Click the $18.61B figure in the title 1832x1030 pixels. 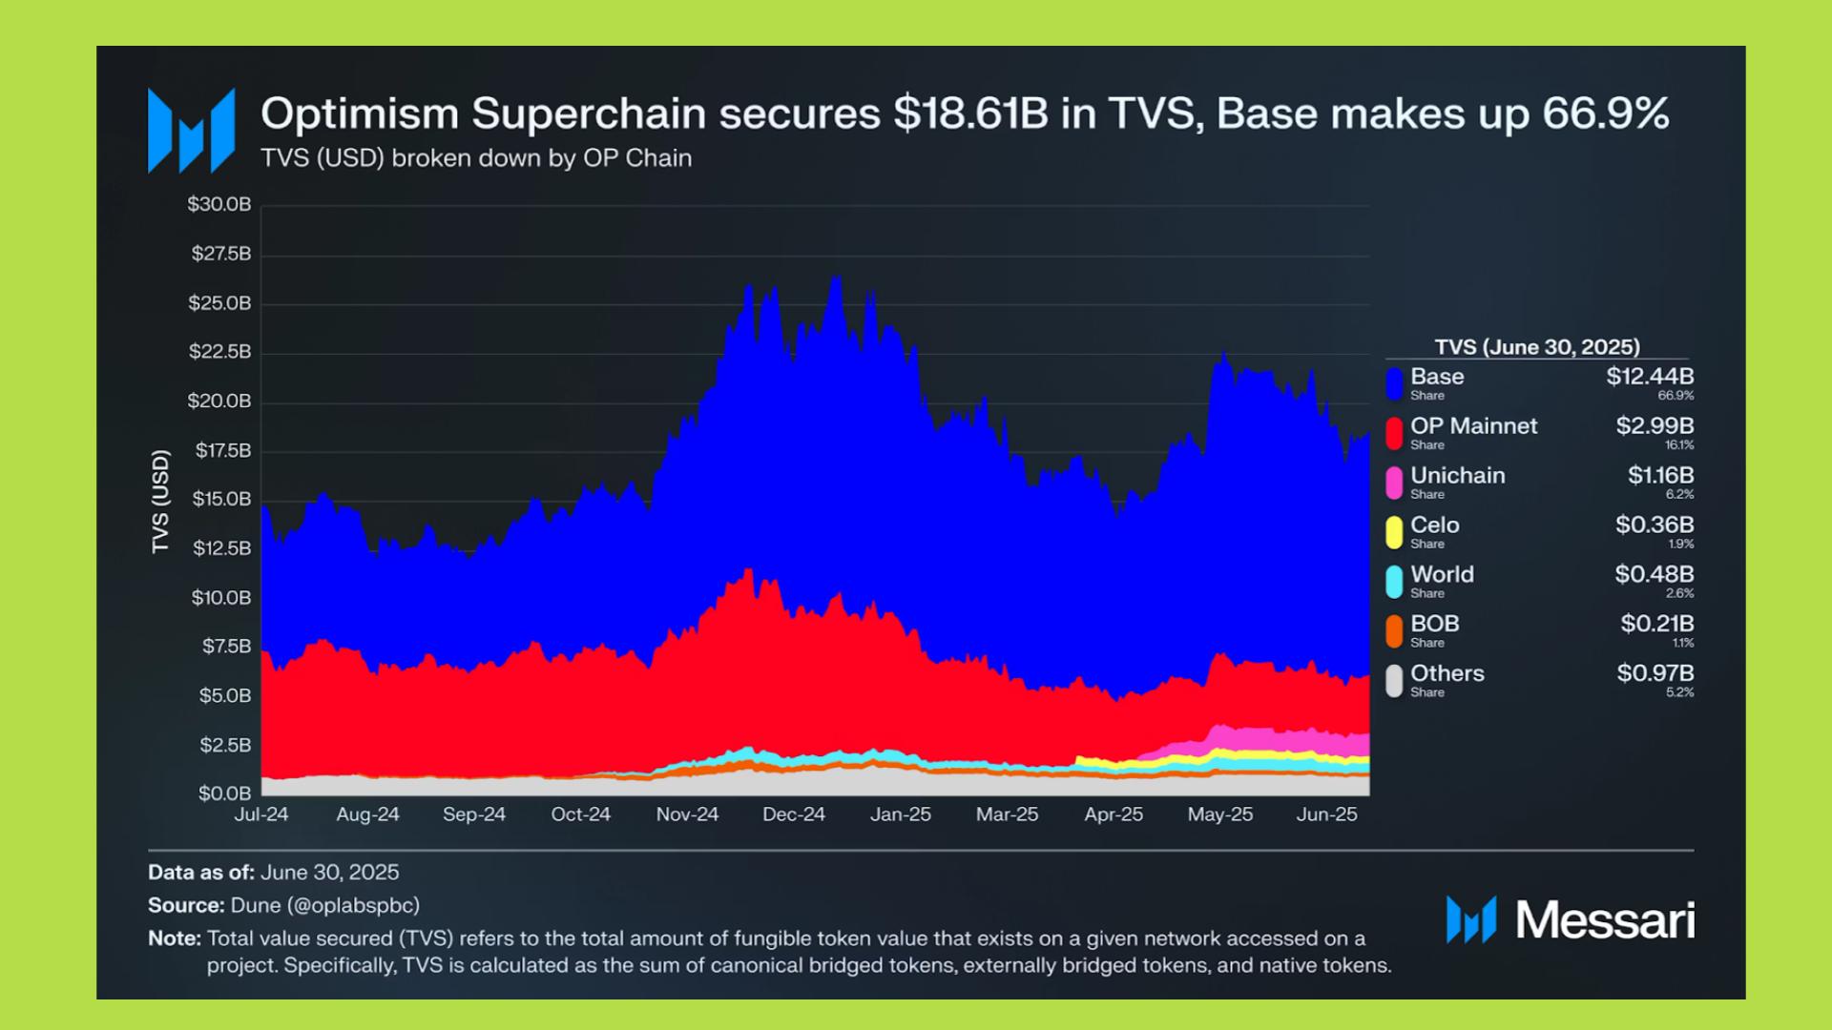pos(970,113)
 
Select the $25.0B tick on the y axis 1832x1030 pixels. pos(219,303)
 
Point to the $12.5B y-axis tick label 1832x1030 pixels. pos(221,548)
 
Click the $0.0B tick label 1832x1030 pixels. pos(225,793)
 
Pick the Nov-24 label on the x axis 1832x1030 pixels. pos(687,815)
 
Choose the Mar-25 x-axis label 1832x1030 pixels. pos(1007,815)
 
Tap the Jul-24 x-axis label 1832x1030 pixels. pos(261,815)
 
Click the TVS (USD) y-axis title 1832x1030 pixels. pos(160,502)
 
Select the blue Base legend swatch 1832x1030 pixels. pos(1394,383)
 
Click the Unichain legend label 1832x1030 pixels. pos(1457,476)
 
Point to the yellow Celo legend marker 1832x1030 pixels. pos(1394,532)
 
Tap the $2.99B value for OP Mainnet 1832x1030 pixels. pos(1655,426)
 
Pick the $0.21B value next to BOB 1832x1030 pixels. pos(1656,624)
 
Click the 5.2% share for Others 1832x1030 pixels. pos(1679,692)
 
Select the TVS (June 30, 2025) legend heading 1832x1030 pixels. pos(1537,347)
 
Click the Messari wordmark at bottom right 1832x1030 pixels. pos(1604,920)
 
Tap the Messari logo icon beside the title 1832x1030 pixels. pos(191,131)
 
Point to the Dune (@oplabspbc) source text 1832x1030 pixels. pos(324,905)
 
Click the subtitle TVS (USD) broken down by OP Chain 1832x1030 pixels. pos(476,158)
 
